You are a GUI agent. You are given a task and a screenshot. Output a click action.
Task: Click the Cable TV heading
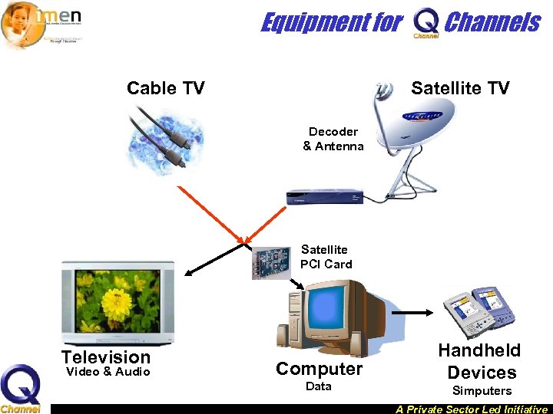click(165, 88)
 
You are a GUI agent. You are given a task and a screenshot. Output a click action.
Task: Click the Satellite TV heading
click(459, 88)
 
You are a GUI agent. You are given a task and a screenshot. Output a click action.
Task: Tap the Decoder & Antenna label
click(333, 139)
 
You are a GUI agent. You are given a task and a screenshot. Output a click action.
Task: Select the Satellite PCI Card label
click(325, 257)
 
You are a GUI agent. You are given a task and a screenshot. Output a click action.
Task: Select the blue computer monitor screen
click(329, 314)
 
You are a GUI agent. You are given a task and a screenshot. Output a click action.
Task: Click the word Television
click(106, 357)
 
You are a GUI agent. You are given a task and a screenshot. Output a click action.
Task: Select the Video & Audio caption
click(108, 373)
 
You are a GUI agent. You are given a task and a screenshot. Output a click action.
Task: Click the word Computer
click(319, 369)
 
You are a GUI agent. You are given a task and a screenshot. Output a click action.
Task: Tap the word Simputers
click(481, 391)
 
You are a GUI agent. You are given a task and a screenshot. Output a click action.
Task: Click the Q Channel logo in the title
click(426, 23)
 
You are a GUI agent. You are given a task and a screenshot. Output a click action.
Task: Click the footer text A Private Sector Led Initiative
click(472, 409)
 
